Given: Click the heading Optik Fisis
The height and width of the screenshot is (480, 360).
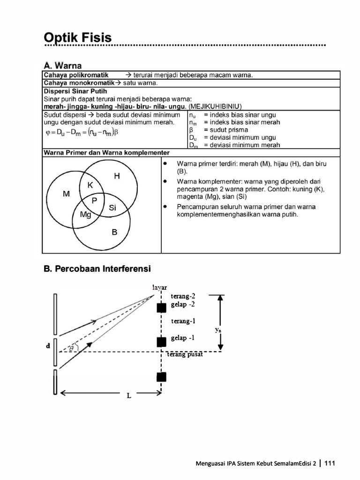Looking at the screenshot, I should point(78,37).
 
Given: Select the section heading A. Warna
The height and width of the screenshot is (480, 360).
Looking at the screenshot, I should point(62,65).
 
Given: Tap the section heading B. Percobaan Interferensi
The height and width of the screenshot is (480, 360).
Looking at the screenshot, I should point(97,269).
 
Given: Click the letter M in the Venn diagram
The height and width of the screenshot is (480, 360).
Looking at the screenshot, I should point(66,194).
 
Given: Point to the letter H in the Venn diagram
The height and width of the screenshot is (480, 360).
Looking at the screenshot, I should point(117,176).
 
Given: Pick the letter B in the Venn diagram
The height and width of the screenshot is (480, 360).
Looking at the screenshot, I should point(114,232).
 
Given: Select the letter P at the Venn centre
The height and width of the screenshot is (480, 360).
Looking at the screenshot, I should point(94,201).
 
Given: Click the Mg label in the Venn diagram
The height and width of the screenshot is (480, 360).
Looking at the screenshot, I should point(85,215).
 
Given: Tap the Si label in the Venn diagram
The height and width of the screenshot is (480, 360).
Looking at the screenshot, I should point(112,208).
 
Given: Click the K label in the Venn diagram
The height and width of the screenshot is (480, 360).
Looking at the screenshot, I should point(90,185).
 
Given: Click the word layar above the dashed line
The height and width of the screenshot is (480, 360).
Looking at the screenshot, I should point(159,287).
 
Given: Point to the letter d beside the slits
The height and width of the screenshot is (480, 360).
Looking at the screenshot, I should point(48,346).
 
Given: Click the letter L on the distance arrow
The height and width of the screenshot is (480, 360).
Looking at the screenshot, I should point(129,396).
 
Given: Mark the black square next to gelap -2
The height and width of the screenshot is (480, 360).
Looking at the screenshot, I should point(161,308).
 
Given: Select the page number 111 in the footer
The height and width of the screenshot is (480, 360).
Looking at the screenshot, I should point(330,464).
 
